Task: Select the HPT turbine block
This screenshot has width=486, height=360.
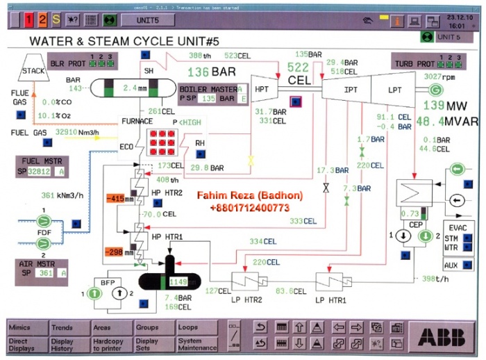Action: (262, 88)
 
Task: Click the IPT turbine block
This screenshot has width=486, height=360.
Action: (351, 90)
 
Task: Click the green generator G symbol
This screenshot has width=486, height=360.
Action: (435, 90)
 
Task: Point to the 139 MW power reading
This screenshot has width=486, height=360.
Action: (444, 106)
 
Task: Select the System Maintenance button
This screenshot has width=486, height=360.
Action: (198, 343)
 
